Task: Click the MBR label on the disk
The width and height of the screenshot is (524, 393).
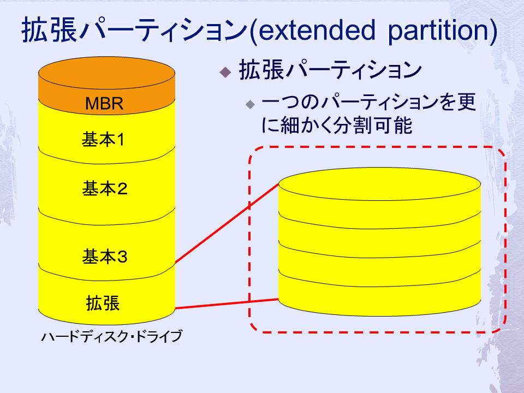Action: (104, 103)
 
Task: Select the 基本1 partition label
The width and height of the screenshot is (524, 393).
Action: (103, 139)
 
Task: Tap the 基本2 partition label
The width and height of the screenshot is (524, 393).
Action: (105, 188)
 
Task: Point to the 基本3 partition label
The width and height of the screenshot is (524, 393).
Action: (105, 257)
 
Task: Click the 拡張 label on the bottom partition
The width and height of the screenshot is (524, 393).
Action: (103, 303)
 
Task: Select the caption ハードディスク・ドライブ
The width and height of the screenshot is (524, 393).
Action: (111, 336)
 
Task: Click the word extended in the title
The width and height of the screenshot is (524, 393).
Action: (317, 30)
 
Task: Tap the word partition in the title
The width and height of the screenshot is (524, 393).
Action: (438, 31)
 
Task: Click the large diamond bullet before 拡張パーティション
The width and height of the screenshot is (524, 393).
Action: (225, 72)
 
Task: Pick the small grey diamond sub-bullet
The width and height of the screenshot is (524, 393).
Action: (250, 105)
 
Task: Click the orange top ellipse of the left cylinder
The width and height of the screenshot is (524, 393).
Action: (106, 73)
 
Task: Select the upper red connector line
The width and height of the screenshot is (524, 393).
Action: (227, 223)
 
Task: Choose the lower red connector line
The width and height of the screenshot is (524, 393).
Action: (227, 304)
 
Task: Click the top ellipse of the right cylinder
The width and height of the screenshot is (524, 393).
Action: (380, 184)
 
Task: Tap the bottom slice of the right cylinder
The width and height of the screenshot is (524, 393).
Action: (380, 294)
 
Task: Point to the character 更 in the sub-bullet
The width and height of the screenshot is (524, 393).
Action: (466, 102)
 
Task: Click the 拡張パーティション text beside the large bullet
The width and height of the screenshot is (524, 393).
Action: (330, 70)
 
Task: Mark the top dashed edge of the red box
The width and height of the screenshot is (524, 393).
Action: (378, 147)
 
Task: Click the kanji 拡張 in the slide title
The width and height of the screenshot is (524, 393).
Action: (49, 30)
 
